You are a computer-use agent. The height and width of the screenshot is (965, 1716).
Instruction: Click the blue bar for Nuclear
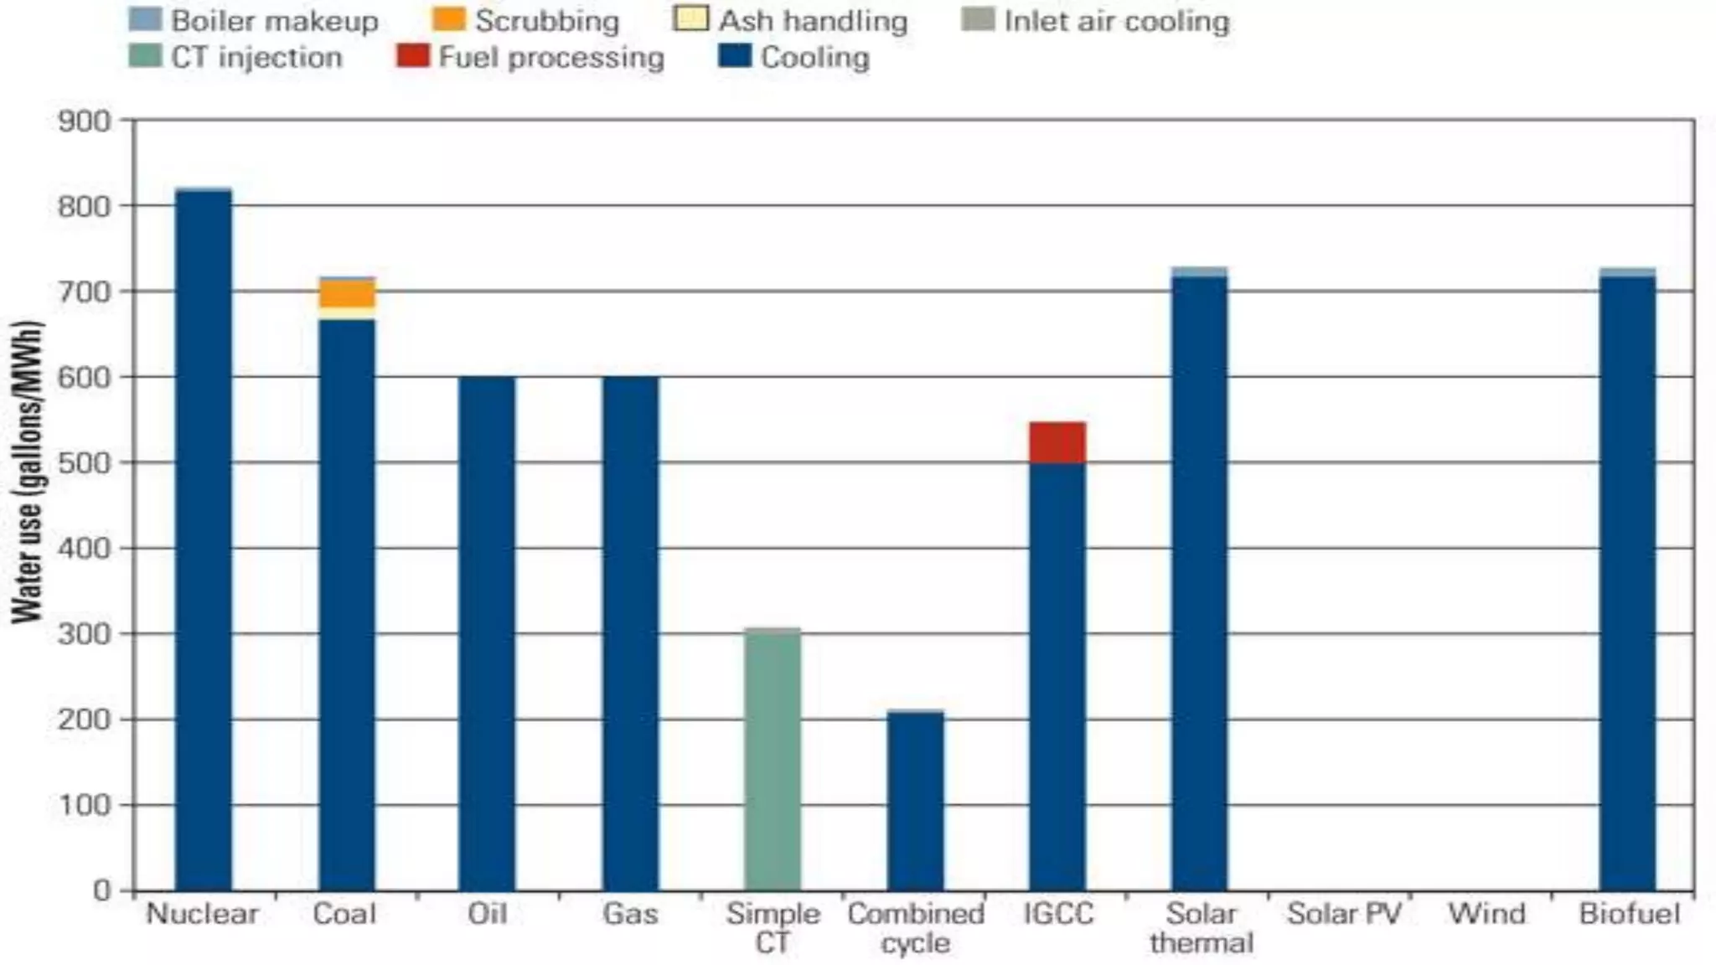203,536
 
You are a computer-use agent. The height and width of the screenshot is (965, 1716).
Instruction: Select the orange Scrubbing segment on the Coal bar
347,293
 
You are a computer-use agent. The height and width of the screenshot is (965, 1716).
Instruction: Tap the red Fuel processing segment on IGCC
1057,441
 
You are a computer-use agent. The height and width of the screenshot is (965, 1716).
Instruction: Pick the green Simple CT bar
773,758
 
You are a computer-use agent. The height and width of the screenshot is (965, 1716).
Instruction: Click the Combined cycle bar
915,800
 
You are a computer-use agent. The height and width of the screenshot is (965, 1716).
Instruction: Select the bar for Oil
487,632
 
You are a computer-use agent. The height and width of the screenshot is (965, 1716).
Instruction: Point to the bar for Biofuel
1627,582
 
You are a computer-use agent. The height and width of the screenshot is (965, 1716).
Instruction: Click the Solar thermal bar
1200,582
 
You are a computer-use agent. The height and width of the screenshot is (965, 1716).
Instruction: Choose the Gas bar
630,632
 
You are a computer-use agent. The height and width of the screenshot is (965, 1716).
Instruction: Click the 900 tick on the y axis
84,121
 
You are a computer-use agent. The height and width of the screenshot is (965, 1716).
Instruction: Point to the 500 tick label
84,463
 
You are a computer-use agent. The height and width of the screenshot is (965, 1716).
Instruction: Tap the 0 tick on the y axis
101,890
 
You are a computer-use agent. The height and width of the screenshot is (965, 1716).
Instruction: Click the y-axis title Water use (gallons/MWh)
27,471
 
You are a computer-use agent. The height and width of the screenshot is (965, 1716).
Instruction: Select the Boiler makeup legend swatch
145,19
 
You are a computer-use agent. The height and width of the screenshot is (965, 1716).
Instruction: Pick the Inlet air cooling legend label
1116,21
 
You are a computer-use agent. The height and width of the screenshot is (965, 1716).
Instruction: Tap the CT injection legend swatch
145,56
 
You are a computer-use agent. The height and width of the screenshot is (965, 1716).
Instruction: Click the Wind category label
1486,913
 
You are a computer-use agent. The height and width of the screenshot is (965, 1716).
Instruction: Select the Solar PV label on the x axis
1344,913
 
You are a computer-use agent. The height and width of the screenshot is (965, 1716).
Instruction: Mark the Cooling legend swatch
735,56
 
